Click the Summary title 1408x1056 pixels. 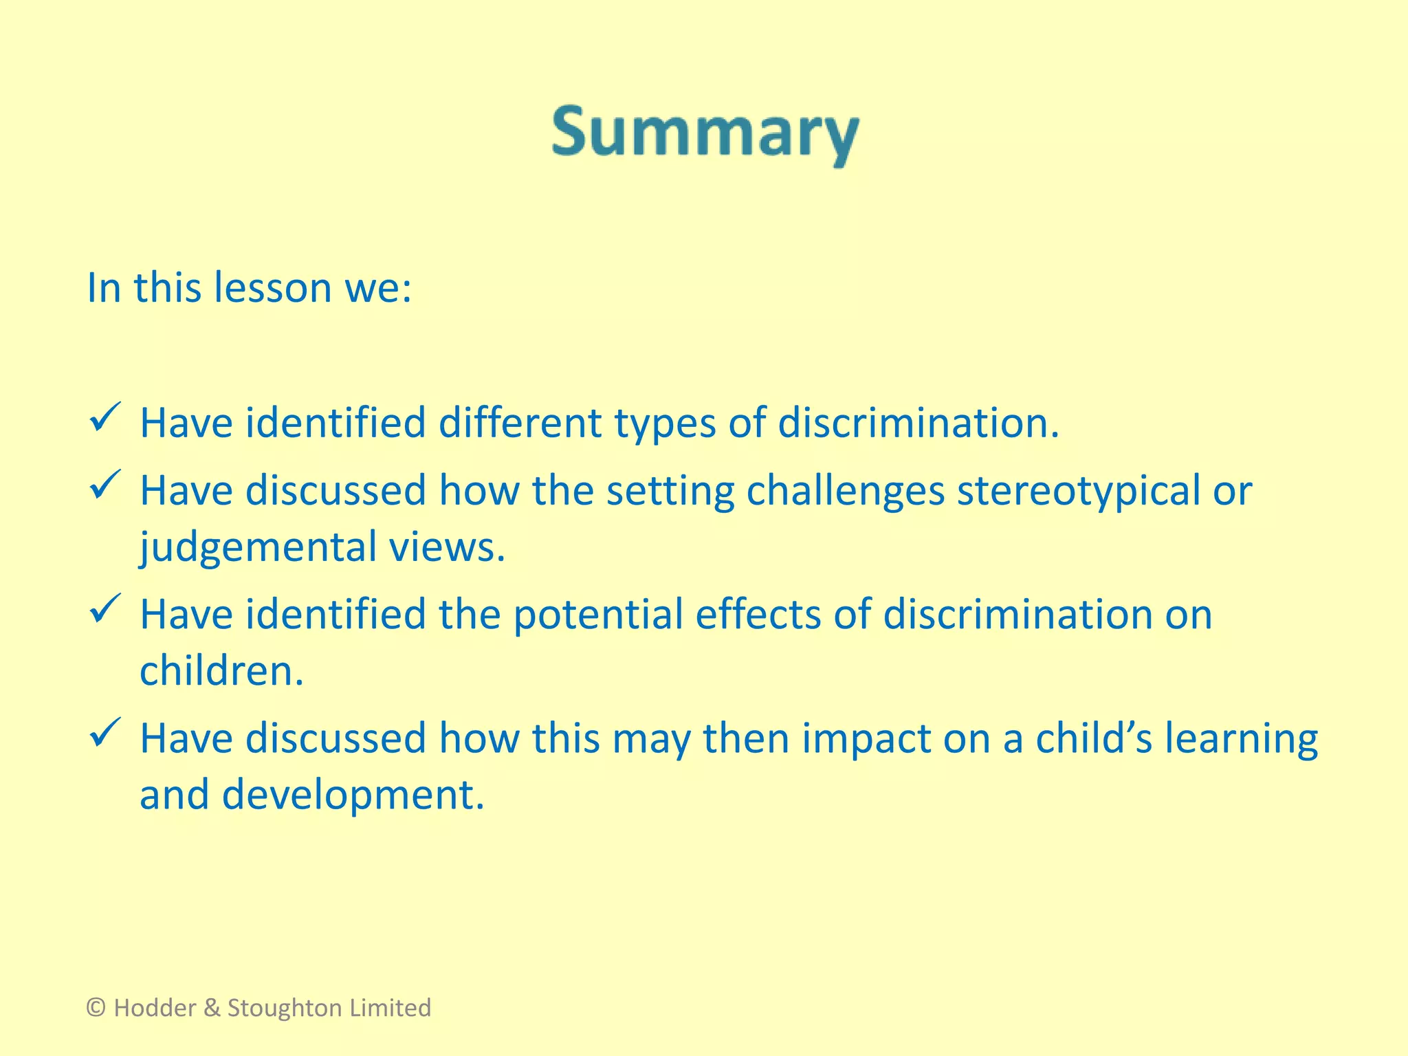705,133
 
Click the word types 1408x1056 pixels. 665,423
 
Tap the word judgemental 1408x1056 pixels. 258,548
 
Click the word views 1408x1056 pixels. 447,548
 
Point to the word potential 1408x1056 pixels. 597,615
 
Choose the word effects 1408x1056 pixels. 758,615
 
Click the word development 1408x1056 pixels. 353,796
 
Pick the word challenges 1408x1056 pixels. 845,492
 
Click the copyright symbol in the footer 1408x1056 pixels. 96,1008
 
